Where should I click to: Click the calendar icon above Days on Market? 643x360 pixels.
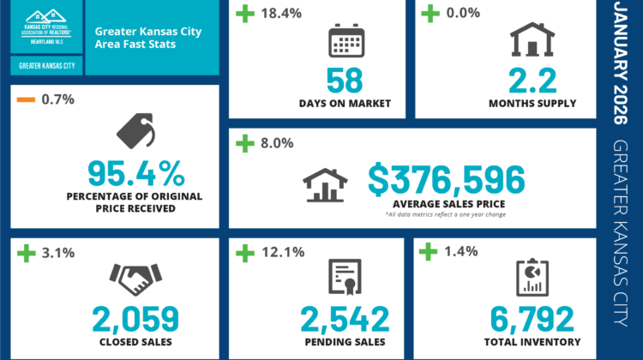pos(346,41)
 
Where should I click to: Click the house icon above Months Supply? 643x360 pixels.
pos(532,39)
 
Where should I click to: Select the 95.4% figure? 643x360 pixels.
pos(135,174)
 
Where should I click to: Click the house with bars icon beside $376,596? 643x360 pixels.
pos(326,183)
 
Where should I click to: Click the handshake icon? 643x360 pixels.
pos(135,278)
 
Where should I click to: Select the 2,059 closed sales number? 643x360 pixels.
pos(135,318)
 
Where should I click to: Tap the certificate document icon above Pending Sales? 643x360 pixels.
pos(345,276)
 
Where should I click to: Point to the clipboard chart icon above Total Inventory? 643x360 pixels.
pos(532,276)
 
